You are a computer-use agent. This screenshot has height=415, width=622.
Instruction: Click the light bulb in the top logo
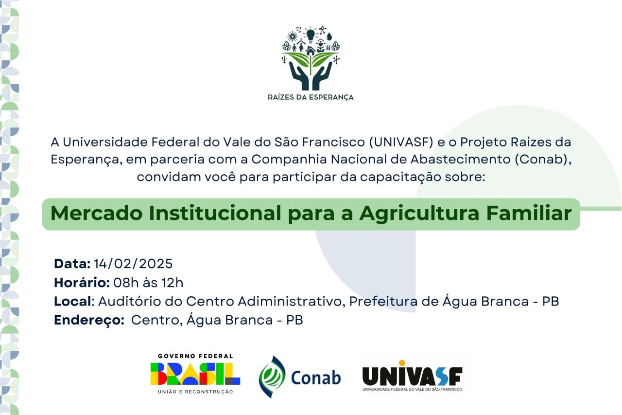[x=311, y=36]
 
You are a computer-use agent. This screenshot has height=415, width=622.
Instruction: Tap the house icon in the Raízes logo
[x=311, y=51]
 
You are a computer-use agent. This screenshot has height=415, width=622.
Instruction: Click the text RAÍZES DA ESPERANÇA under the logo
[x=311, y=97]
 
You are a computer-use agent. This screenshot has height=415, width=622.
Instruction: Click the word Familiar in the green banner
[x=529, y=213]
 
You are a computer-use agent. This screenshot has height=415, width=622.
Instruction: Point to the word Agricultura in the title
[x=419, y=214]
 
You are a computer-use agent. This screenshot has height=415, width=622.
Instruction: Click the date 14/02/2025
[x=133, y=264]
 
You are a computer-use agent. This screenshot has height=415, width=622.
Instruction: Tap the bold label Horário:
[x=82, y=282]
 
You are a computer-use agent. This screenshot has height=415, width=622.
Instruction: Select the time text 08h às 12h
[x=148, y=282]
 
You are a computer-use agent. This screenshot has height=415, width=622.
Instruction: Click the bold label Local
[x=72, y=301]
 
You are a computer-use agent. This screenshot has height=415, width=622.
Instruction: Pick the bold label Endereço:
[x=89, y=320]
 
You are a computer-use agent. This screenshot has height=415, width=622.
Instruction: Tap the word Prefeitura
[x=383, y=301]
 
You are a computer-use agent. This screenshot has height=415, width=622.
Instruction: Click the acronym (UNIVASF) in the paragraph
[x=401, y=142]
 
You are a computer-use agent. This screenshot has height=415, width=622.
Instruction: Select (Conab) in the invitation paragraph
[x=543, y=159]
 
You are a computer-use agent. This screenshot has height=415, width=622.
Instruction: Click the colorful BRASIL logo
[x=195, y=374]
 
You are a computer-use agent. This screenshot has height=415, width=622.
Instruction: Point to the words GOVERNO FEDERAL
[x=195, y=356]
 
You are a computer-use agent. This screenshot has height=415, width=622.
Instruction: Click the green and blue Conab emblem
[x=272, y=377]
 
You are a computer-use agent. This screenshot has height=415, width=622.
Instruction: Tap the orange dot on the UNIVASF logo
[x=402, y=363]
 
